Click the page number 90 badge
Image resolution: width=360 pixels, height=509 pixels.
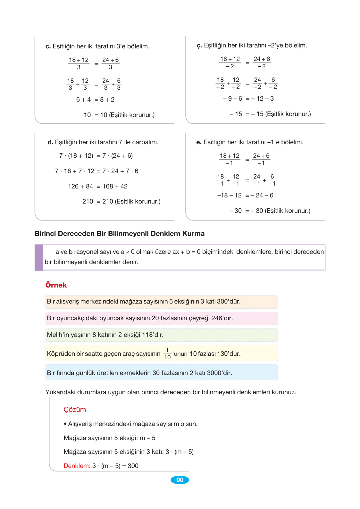180,480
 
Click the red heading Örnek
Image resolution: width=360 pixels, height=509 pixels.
56,285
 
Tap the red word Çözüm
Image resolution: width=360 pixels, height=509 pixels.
75,410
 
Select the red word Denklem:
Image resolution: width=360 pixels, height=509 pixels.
77,466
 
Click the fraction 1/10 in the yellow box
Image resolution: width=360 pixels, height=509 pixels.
167,354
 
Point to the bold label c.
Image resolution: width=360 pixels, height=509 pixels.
48,46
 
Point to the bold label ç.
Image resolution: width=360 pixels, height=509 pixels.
199,46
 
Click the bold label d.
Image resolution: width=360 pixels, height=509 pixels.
50,142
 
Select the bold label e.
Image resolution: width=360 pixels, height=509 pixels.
199,142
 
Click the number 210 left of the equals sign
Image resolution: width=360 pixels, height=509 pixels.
88,202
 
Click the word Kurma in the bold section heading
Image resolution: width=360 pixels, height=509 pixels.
193,234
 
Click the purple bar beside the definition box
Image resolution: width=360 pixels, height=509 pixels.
39,257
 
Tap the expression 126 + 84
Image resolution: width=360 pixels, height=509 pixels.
80,187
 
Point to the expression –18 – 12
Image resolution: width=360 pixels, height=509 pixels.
229,196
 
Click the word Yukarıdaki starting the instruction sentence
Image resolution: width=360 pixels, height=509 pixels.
60,392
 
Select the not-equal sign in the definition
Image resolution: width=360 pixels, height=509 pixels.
128,252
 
